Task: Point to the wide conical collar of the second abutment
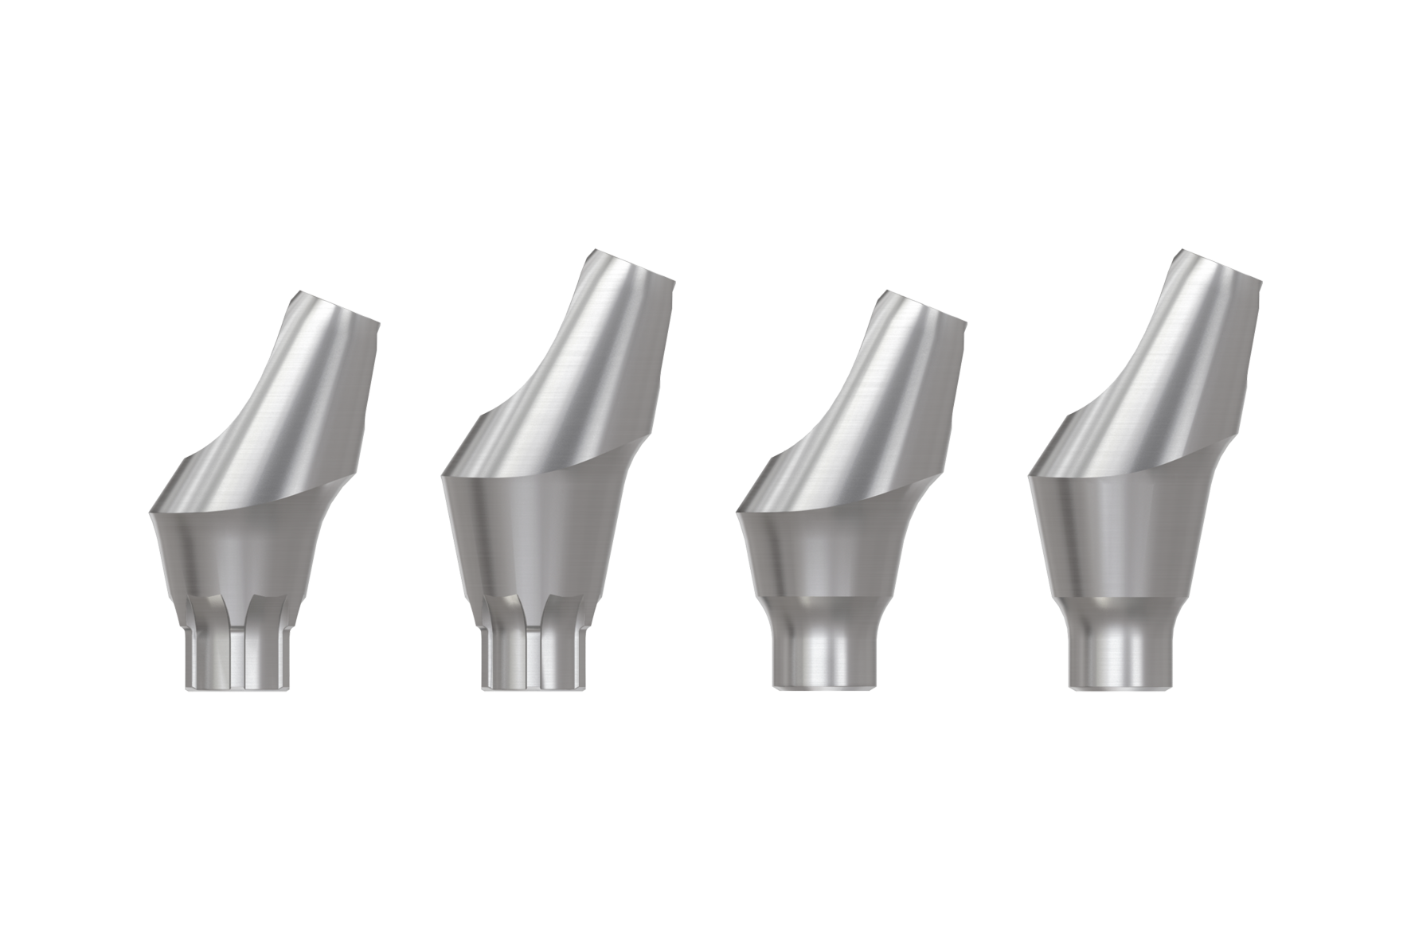pos(534,533)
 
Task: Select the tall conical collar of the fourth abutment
pos(1123,533)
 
